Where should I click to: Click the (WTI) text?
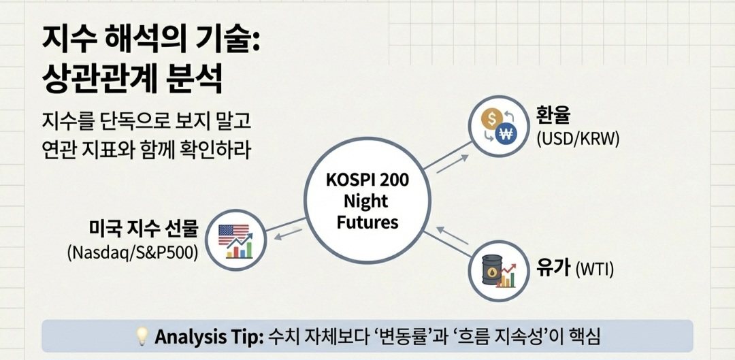(595, 269)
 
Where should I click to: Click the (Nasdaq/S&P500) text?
(133, 252)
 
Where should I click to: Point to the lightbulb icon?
(142, 336)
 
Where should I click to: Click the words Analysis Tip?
(208, 336)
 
